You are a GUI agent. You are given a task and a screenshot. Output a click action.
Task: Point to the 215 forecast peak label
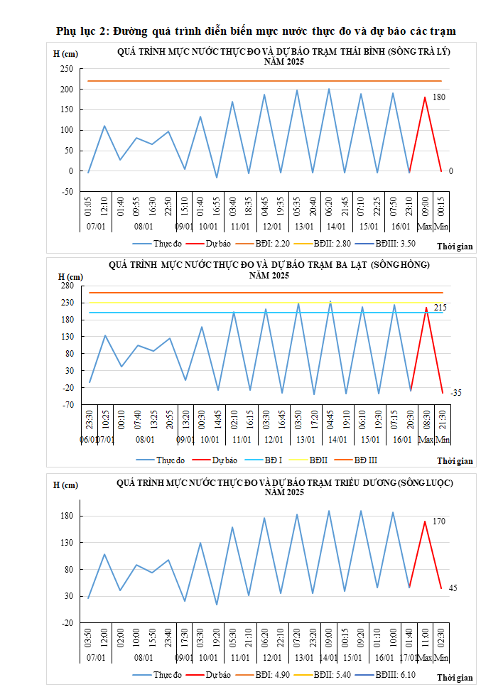pos(440,307)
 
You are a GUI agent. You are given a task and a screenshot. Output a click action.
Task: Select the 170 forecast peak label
pos(439,521)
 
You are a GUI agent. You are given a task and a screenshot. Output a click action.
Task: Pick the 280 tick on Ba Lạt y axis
pos(67,286)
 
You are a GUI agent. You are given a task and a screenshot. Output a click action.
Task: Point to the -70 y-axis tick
pos(67,405)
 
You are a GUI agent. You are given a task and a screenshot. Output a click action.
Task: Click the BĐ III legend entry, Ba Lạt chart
pos(366,460)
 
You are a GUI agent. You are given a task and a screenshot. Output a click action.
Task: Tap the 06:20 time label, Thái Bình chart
pos(329,208)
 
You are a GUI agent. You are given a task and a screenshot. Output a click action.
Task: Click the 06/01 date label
pos(88,440)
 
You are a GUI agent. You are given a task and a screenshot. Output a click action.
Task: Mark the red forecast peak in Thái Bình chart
pos(425,97)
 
